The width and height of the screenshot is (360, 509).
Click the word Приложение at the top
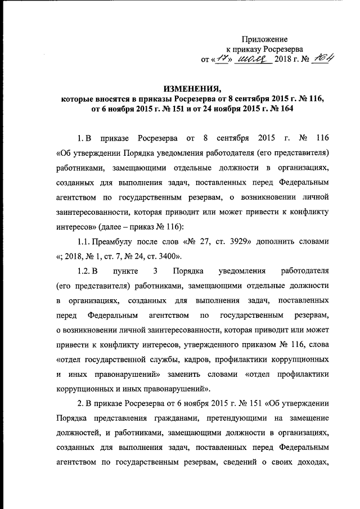[264, 39]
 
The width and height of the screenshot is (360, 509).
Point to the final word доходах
[308, 463]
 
